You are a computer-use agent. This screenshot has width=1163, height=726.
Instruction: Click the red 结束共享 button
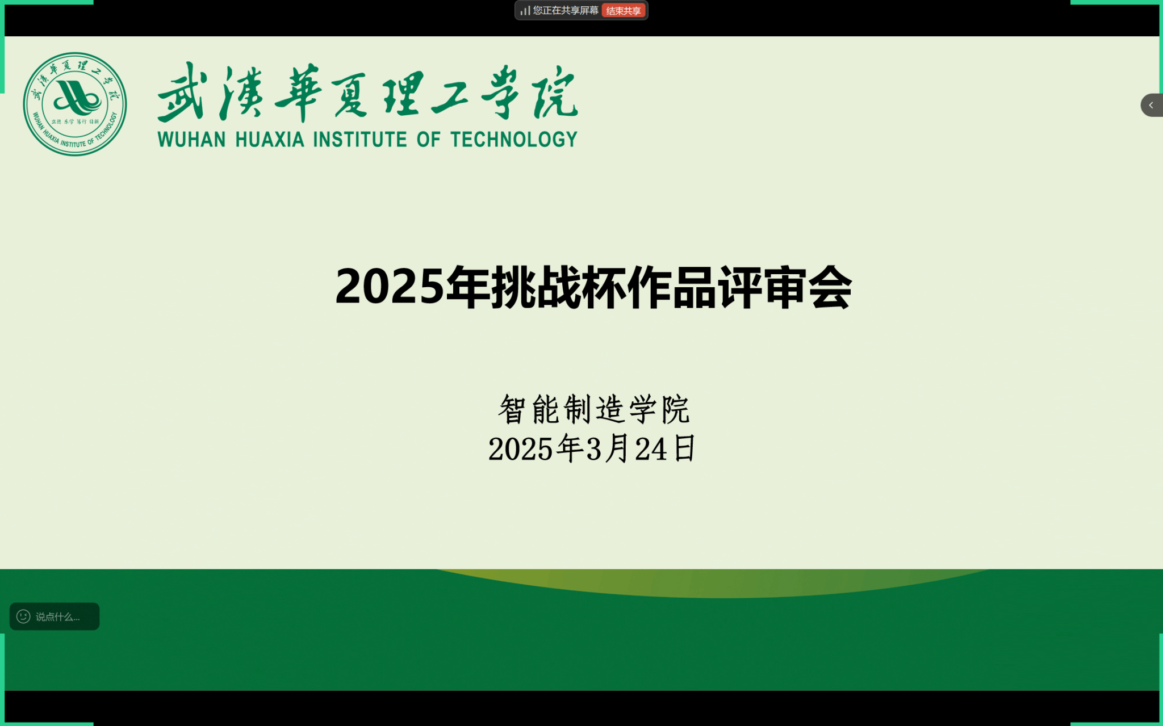coord(624,11)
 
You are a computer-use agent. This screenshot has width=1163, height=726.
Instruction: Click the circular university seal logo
coord(75,104)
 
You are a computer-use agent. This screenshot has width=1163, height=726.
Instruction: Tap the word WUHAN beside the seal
coord(191,139)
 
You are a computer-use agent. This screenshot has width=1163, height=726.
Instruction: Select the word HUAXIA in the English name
coord(270,139)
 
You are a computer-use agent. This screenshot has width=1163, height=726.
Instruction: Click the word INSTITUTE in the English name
coord(360,139)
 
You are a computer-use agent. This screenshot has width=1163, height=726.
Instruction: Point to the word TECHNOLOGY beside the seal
coord(514,139)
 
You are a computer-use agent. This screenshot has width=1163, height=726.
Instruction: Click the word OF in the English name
coord(429,139)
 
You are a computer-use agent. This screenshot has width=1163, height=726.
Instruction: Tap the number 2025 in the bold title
coord(390,287)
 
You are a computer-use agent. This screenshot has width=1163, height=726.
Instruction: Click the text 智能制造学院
coord(593,409)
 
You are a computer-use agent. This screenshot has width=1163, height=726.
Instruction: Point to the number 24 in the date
coord(651,449)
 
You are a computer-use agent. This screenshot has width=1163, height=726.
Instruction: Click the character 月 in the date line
coord(617,448)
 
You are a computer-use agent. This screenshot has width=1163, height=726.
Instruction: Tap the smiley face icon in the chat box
coord(23,616)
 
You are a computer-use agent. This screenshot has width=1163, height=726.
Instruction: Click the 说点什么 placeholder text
coord(57,617)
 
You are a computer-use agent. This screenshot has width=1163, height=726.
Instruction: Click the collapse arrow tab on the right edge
coord(1152,105)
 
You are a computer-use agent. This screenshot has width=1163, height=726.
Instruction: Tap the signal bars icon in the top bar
coord(525,11)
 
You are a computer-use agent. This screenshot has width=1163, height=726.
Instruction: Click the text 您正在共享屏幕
coord(566,11)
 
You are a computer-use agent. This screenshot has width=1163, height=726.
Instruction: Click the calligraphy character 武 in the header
coord(181,92)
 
